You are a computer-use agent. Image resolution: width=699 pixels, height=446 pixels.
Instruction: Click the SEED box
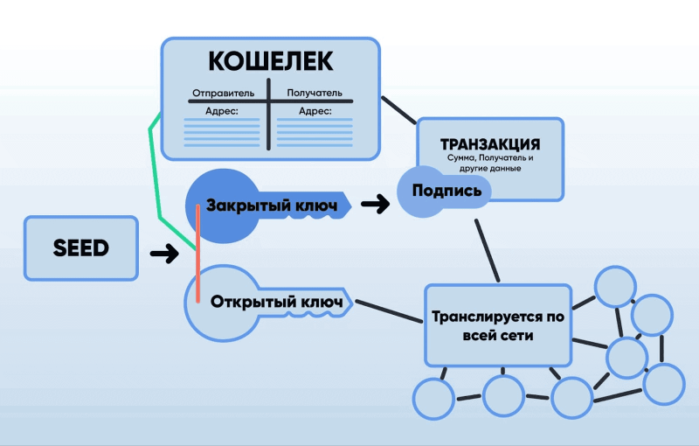coord(81,248)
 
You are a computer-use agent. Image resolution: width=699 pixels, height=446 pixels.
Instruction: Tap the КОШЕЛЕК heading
coord(270,61)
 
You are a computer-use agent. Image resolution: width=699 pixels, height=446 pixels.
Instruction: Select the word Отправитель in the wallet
coord(223,93)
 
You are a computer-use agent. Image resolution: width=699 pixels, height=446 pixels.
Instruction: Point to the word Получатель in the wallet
coord(314,93)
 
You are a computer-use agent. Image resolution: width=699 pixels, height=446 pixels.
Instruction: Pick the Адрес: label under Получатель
coord(315,111)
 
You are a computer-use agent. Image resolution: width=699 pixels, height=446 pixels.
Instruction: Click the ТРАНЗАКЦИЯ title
coord(489,144)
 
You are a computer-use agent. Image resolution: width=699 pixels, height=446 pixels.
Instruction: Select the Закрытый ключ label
coord(271,205)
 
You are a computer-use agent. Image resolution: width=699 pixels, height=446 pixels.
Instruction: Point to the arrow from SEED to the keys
coord(163,254)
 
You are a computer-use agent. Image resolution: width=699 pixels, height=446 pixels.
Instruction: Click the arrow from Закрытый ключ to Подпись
coord(375,205)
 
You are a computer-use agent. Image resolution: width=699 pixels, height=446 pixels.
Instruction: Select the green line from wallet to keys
coord(156,166)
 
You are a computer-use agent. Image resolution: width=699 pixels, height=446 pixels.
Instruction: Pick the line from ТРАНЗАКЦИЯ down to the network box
coord(488,249)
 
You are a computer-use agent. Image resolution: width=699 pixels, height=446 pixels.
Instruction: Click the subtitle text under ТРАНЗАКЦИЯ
coord(489,163)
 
